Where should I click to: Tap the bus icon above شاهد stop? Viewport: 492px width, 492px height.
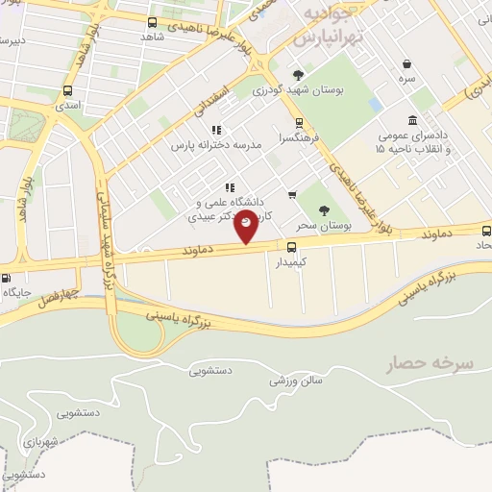click(x=152, y=21)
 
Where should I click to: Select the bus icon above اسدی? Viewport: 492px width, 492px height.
click(x=66, y=91)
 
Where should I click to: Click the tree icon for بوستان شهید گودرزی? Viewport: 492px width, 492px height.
click(x=300, y=74)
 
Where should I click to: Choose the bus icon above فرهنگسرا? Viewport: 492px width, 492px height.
click(x=298, y=122)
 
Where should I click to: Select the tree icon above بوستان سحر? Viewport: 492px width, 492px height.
click(x=323, y=209)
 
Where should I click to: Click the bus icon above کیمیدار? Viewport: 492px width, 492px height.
click(x=292, y=246)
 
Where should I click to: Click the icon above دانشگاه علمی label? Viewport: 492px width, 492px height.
click(x=229, y=187)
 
